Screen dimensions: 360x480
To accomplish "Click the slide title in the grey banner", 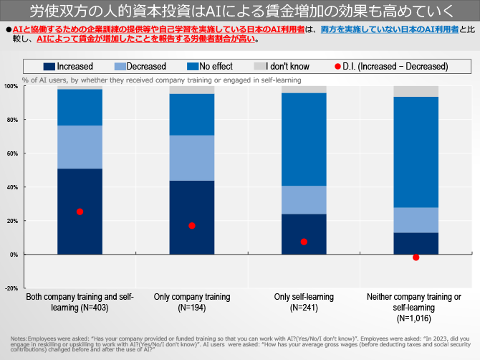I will tap(239, 12).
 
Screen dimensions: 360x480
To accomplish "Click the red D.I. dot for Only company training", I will tap(191, 226).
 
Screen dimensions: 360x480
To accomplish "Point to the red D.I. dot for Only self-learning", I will tap(304, 242).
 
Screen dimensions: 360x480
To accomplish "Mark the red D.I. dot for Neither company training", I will tap(416, 257).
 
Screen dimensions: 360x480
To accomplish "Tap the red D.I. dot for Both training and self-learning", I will tap(80, 212).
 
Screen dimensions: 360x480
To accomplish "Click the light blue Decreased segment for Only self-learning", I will tap(304, 200).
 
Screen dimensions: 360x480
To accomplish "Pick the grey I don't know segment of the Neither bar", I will tap(416, 91).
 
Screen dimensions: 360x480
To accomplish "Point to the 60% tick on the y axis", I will tap(12, 153).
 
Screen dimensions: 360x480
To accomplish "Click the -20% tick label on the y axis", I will tap(11, 288).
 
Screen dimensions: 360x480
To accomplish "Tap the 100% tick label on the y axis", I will tap(11, 86).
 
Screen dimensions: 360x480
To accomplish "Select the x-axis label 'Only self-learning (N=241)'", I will tap(304, 302).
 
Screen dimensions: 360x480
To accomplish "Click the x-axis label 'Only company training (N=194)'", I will tap(191, 302).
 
